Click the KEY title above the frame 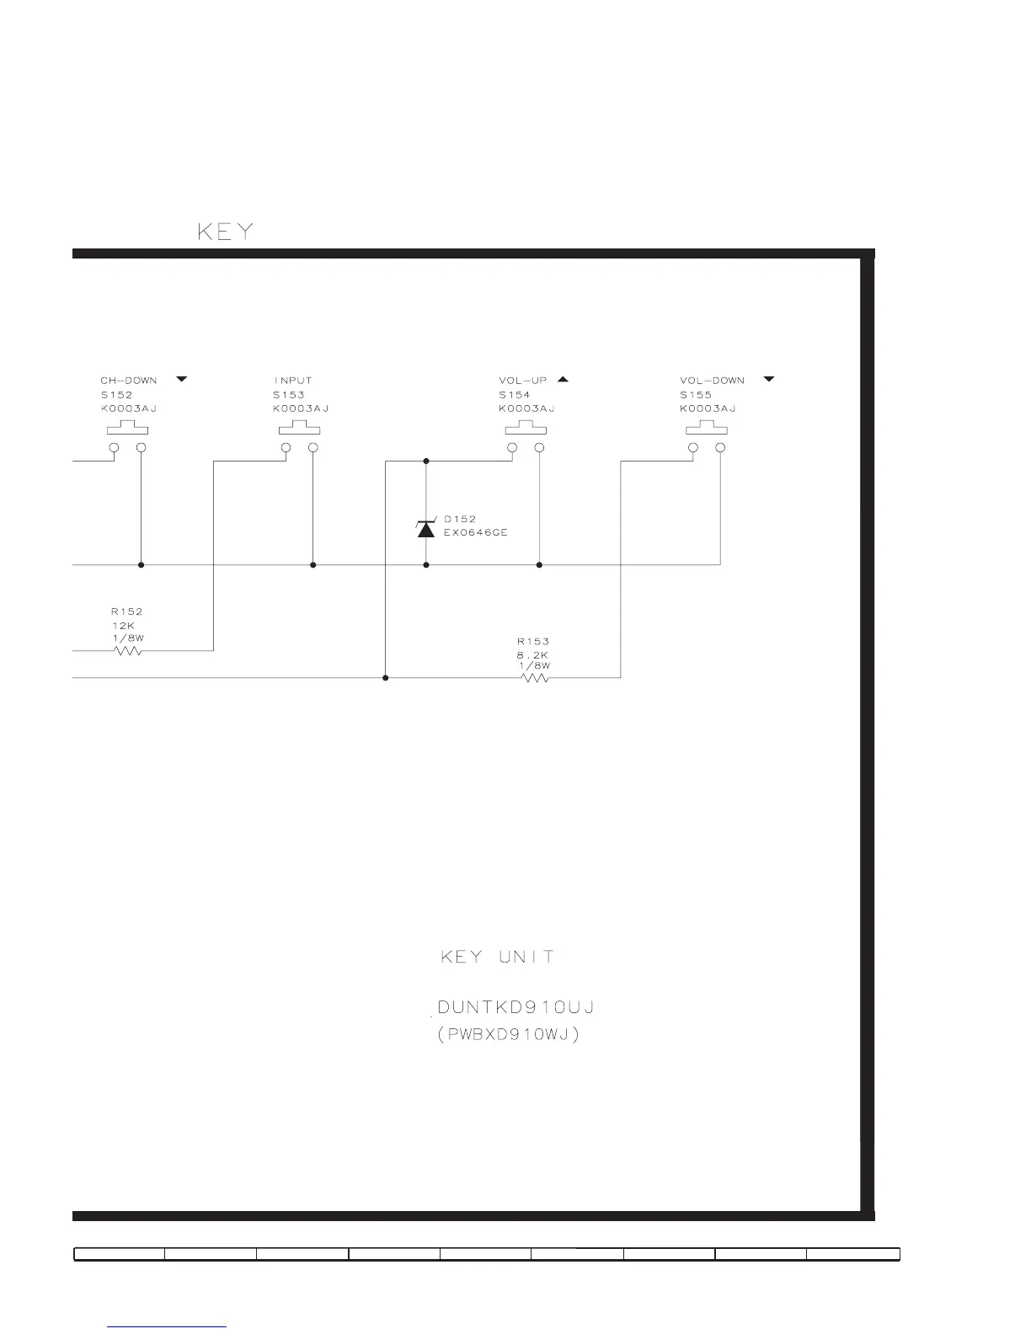coord(225,232)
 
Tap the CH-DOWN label coord(128,381)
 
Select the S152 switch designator coord(116,395)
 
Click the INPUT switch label coord(292,381)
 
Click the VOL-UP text coord(522,381)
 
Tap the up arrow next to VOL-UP coord(563,380)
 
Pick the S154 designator coord(514,395)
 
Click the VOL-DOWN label coord(712,381)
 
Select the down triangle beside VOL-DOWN coord(768,380)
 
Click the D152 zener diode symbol coord(426,528)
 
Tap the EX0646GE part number coord(476,533)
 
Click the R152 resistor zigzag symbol coord(127,650)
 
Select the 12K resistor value coord(123,625)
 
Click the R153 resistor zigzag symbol coord(536,677)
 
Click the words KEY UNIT coord(498,957)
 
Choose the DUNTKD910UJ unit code coord(517,1007)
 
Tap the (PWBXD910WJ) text coord(508,1035)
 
